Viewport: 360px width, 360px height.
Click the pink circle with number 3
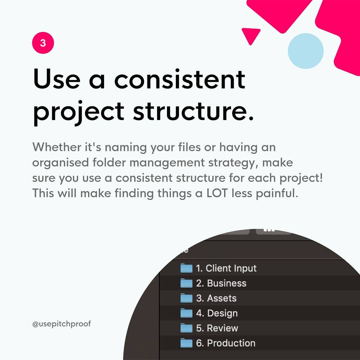[x=43, y=43]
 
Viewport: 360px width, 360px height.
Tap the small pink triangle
[x=251, y=35]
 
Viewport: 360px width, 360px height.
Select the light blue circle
[x=306, y=51]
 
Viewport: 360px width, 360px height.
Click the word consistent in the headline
[x=180, y=79]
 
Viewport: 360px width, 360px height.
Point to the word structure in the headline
[x=194, y=111]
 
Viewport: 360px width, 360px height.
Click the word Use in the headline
[x=57, y=79]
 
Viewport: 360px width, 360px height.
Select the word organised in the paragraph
[x=60, y=163]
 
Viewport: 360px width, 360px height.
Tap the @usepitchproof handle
[x=62, y=324]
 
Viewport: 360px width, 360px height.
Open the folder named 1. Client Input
[x=226, y=268]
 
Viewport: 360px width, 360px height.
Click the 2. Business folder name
[x=221, y=283]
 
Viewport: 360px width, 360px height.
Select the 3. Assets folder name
[x=216, y=298]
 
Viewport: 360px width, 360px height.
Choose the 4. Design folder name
[x=217, y=313]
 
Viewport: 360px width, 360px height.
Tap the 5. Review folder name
[x=217, y=328]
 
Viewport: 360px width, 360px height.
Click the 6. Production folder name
[x=225, y=343]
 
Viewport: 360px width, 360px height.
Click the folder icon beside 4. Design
[x=186, y=313]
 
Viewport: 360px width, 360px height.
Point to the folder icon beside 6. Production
[x=186, y=343]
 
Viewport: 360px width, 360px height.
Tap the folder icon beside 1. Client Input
[x=186, y=268]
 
